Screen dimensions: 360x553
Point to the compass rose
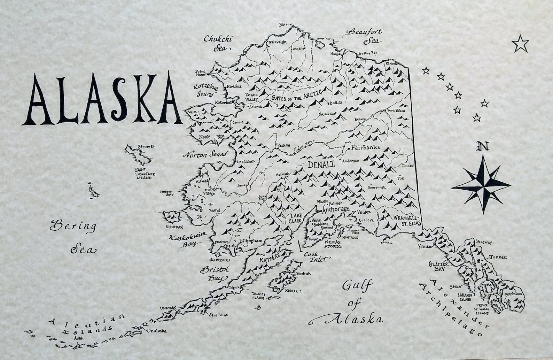(x=482, y=184)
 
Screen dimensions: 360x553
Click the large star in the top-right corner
(x=521, y=44)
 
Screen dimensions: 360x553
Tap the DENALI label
(x=321, y=164)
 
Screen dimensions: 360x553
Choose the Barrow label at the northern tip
(x=285, y=25)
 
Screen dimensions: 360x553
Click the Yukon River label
(x=304, y=147)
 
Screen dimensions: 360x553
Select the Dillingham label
(x=250, y=241)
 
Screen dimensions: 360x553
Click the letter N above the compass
(x=483, y=147)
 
